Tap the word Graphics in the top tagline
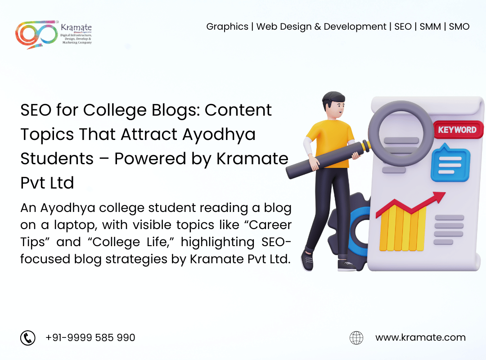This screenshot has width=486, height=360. click(x=227, y=27)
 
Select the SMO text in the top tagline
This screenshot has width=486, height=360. click(x=459, y=27)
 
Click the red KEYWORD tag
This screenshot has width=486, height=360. click(x=458, y=130)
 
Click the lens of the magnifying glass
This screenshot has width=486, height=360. click(x=401, y=133)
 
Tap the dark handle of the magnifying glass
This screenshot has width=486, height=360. click(x=325, y=160)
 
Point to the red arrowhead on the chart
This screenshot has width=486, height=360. click(x=439, y=197)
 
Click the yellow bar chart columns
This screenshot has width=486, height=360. click(x=403, y=227)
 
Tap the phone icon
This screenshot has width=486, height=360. click(x=28, y=337)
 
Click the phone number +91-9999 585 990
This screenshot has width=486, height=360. click(x=90, y=337)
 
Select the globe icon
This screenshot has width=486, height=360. click(x=356, y=337)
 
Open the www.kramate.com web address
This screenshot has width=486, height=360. click(x=420, y=337)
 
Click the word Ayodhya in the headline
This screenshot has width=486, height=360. click(x=219, y=135)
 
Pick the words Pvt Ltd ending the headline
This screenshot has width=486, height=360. click(x=47, y=183)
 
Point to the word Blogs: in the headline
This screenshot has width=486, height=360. click(x=176, y=110)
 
